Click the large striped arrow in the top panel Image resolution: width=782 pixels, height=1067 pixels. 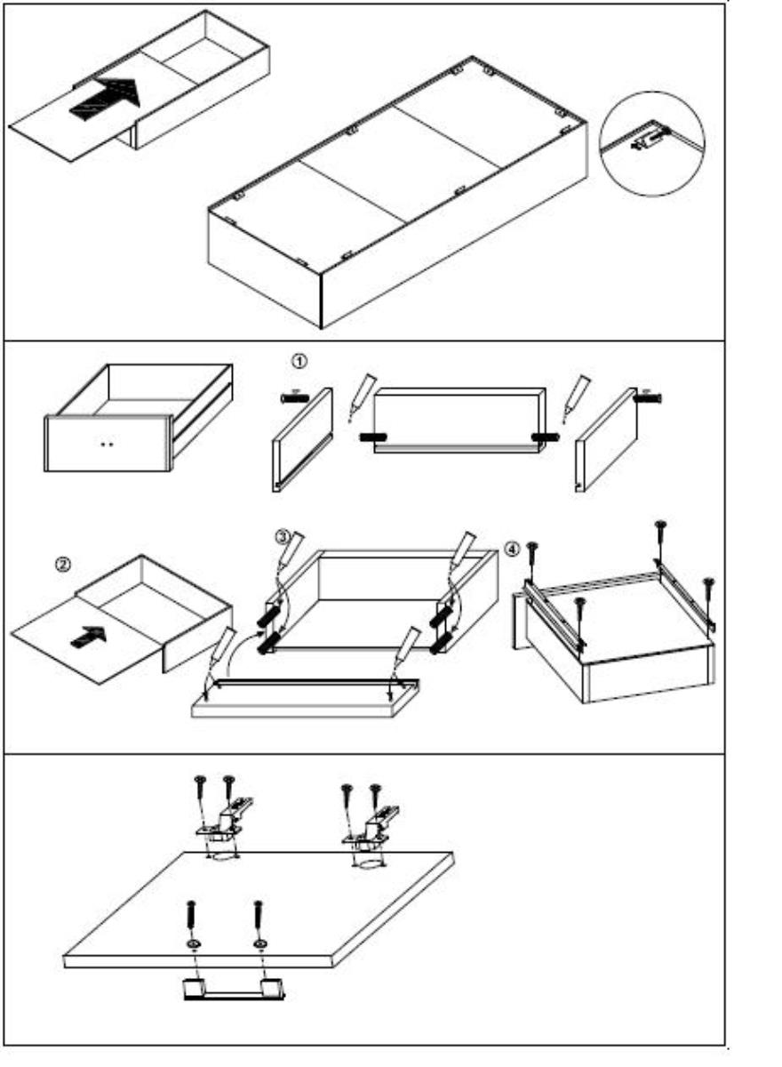(x=103, y=100)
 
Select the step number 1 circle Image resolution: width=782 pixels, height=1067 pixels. (x=299, y=363)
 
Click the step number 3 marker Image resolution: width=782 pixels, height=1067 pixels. (x=281, y=537)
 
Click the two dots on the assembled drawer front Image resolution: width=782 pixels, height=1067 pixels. (x=108, y=443)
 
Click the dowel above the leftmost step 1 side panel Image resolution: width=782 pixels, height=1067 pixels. (x=293, y=397)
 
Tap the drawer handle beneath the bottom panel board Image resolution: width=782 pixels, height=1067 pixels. (x=233, y=989)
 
